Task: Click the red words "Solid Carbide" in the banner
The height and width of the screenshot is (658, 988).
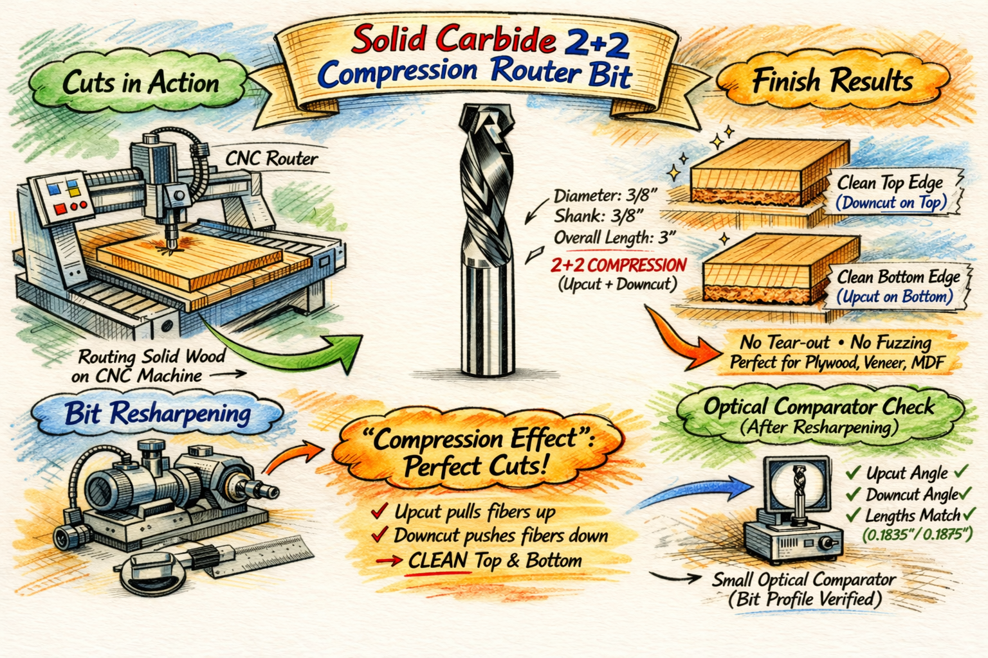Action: click(454, 39)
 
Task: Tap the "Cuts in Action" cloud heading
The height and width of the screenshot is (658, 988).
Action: click(140, 82)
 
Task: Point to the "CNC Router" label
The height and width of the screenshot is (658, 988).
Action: click(271, 159)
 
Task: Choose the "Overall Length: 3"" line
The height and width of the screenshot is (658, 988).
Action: click(615, 238)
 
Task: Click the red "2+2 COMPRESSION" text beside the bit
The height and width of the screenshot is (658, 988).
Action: click(618, 265)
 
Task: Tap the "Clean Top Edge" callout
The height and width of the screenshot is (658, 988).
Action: click(890, 182)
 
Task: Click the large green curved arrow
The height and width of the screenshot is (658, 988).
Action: click(282, 348)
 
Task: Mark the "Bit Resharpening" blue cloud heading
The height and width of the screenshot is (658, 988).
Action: click(158, 413)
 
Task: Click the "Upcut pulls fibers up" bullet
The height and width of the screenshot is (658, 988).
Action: click(475, 512)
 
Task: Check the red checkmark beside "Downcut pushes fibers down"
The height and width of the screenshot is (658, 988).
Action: click(380, 534)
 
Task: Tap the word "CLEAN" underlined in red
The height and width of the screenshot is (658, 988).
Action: click(437, 560)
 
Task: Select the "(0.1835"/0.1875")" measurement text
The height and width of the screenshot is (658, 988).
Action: click(917, 535)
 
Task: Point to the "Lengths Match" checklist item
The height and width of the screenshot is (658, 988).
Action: click(913, 515)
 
